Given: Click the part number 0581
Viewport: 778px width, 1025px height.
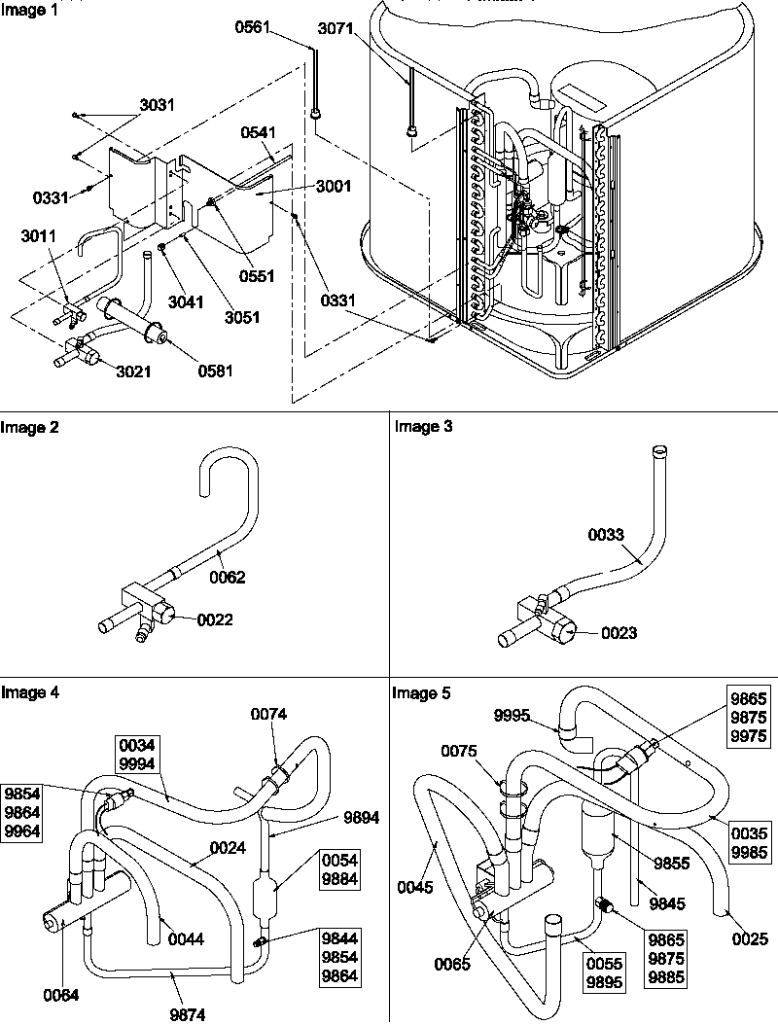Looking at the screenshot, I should point(217,370).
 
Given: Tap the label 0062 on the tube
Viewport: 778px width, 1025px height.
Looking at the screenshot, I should point(227,577).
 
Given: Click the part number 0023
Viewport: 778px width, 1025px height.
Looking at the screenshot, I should point(619,633).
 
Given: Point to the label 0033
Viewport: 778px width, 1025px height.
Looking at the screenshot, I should point(606,534).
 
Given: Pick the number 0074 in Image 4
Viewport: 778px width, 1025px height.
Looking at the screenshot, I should point(267,714).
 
